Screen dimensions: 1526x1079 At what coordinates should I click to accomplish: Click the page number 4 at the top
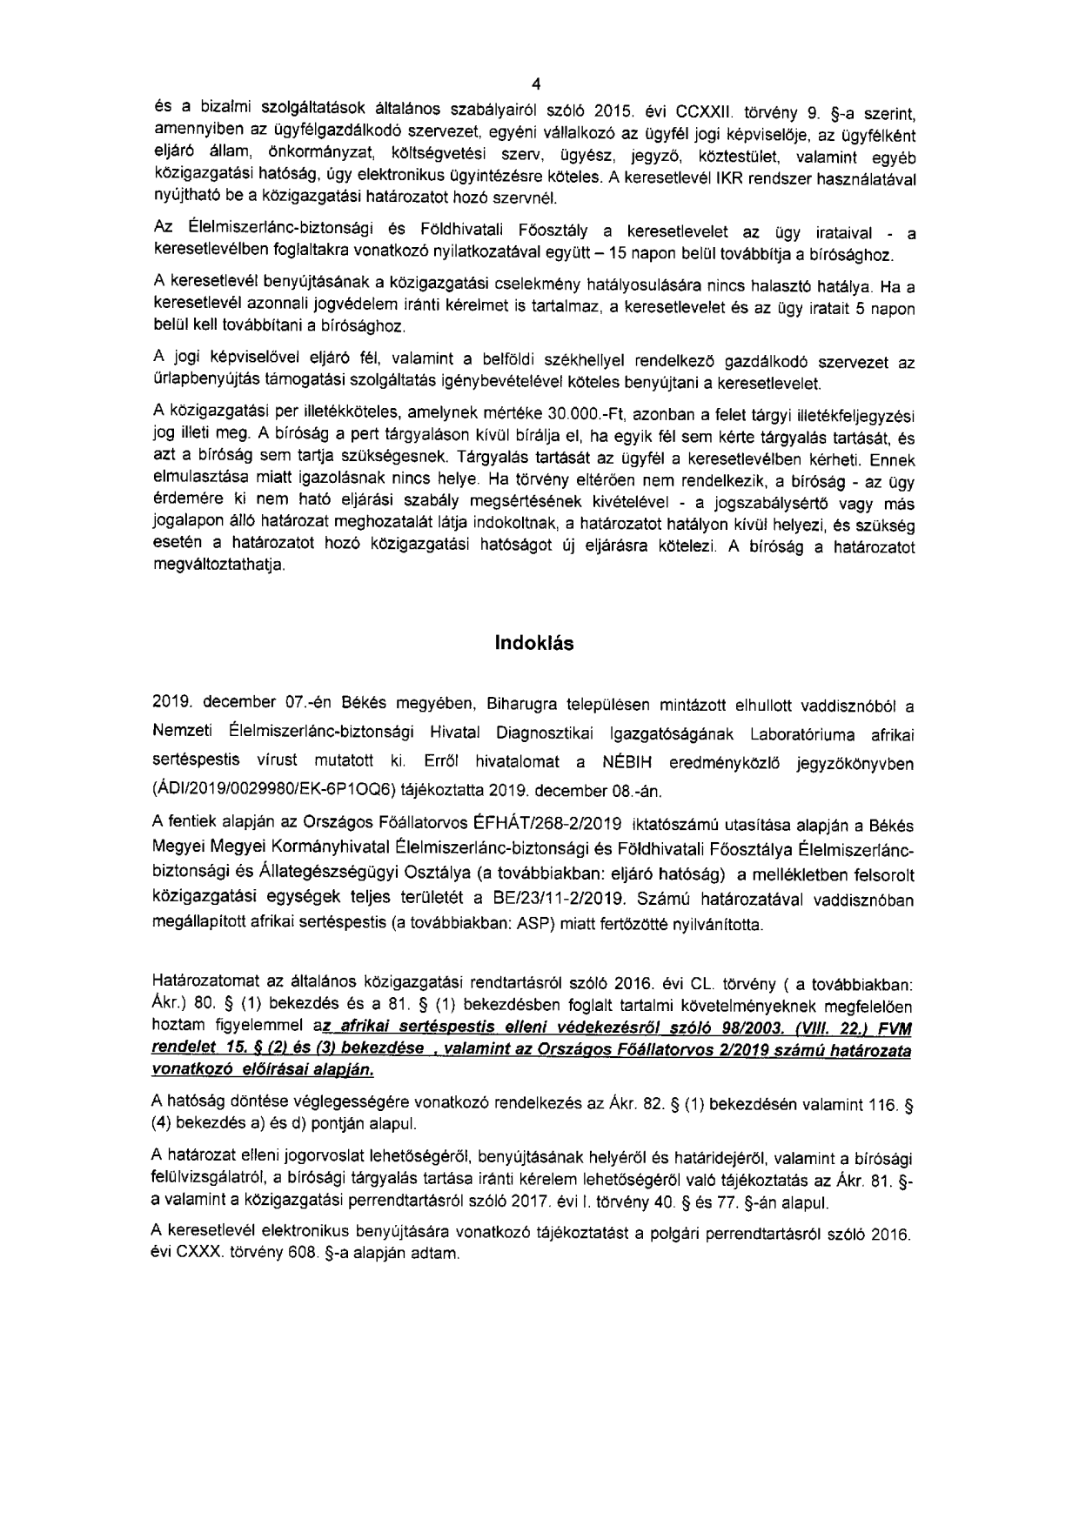click(536, 84)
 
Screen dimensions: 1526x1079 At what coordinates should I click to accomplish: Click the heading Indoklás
click(534, 645)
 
